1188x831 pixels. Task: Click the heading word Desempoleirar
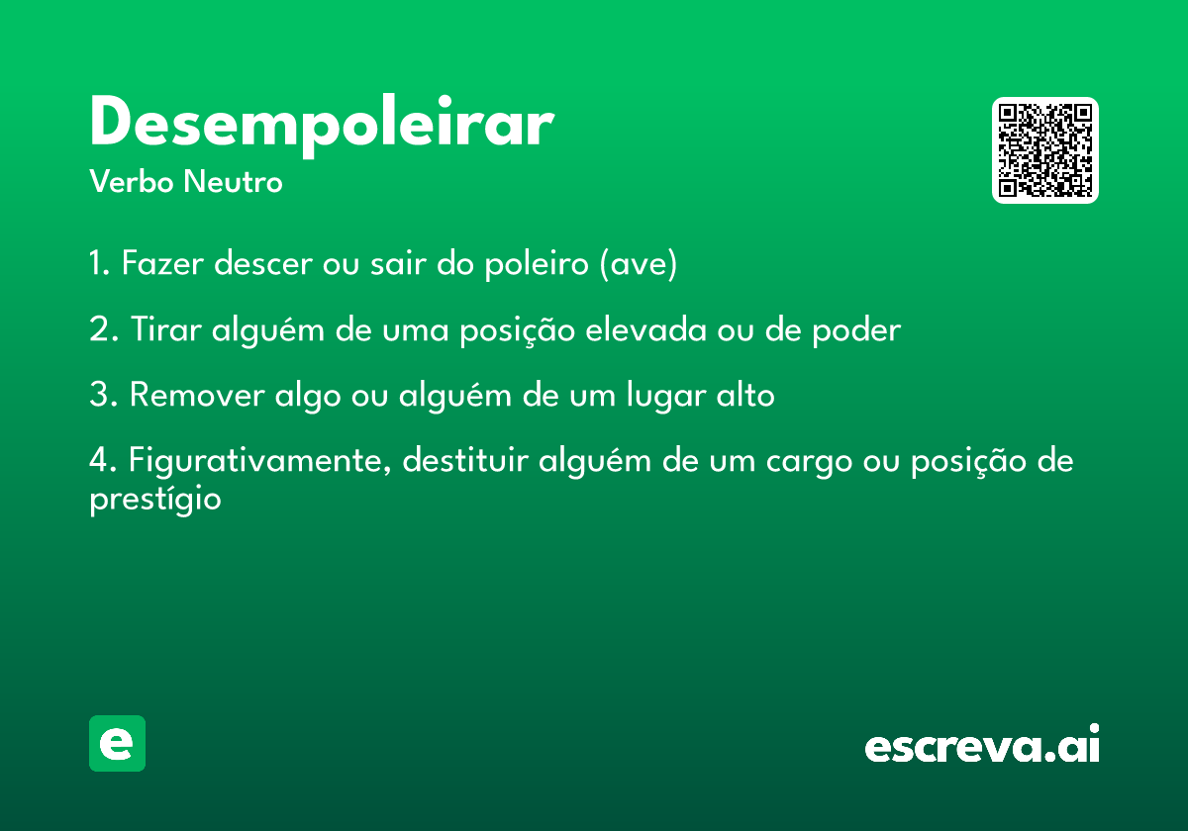(322, 126)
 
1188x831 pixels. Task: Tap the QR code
(1044, 150)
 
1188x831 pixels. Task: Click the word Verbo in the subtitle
(132, 181)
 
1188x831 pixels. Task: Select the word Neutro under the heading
(233, 181)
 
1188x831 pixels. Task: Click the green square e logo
(117, 743)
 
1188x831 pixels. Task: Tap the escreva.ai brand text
(982, 743)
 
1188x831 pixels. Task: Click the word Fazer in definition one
(162, 262)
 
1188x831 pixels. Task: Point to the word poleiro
(537, 263)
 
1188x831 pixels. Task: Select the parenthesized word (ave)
(639, 263)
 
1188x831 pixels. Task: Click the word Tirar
(166, 328)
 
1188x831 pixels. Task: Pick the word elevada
(645, 328)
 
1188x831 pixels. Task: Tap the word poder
(856, 329)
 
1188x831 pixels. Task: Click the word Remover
(197, 395)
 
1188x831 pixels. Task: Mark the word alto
(745, 394)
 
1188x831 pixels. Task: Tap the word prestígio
(155, 500)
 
